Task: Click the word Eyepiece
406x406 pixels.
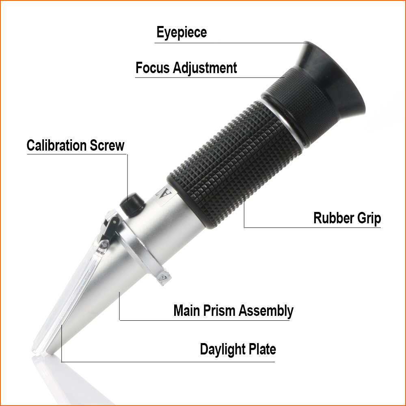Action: (x=181, y=33)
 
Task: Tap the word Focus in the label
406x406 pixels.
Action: (x=153, y=67)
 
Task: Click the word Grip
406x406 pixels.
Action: (x=369, y=218)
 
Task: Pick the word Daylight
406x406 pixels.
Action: (x=224, y=349)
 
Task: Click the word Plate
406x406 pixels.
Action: (x=263, y=349)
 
